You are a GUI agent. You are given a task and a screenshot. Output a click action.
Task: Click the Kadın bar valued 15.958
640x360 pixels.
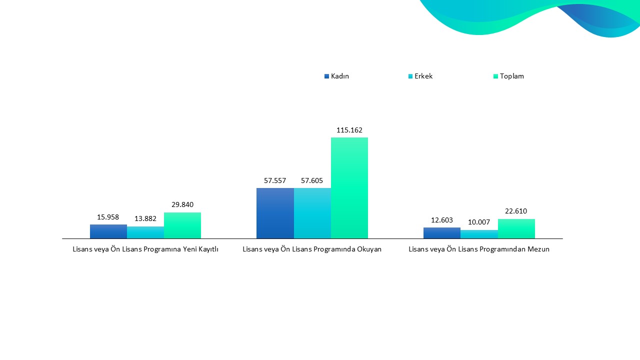[108, 231]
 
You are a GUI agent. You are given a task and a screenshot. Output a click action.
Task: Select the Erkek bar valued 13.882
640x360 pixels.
[145, 232]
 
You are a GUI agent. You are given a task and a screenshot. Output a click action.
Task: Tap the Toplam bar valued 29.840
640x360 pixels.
[182, 225]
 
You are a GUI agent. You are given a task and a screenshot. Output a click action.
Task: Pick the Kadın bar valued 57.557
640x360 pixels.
[275, 213]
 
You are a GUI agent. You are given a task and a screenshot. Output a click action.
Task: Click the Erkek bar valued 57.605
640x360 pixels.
[312, 213]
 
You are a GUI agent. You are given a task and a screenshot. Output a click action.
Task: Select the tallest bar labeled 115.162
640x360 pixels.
[349, 188]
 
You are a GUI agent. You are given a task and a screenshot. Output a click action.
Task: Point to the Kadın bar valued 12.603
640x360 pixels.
[442, 233]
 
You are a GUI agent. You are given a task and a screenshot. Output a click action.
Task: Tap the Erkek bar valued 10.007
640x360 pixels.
[479, 234]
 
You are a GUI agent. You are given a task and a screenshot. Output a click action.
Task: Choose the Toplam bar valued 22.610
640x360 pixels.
[516, 228]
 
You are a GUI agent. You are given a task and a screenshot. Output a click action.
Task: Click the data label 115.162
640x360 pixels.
[349, 130]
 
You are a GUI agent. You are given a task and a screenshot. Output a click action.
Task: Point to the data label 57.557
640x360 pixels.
[275, 180]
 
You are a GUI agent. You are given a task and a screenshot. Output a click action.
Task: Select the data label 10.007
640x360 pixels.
[479, 222]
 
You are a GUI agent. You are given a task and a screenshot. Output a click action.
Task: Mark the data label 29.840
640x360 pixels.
[182, 204]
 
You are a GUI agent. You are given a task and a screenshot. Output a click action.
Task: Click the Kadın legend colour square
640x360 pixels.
[327, 76]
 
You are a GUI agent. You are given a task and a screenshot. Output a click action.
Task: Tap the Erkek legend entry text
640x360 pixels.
[423, 76]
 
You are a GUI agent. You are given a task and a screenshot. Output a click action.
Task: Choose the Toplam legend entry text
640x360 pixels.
[511, 76]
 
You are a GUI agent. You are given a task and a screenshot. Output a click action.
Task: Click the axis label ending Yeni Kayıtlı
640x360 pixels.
[145, 249]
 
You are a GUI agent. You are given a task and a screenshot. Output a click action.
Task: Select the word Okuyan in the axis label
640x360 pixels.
[369, 249]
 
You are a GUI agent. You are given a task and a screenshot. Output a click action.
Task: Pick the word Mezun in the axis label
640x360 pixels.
[538, 249]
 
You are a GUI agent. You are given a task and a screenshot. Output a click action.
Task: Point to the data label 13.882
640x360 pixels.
[145, 218]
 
